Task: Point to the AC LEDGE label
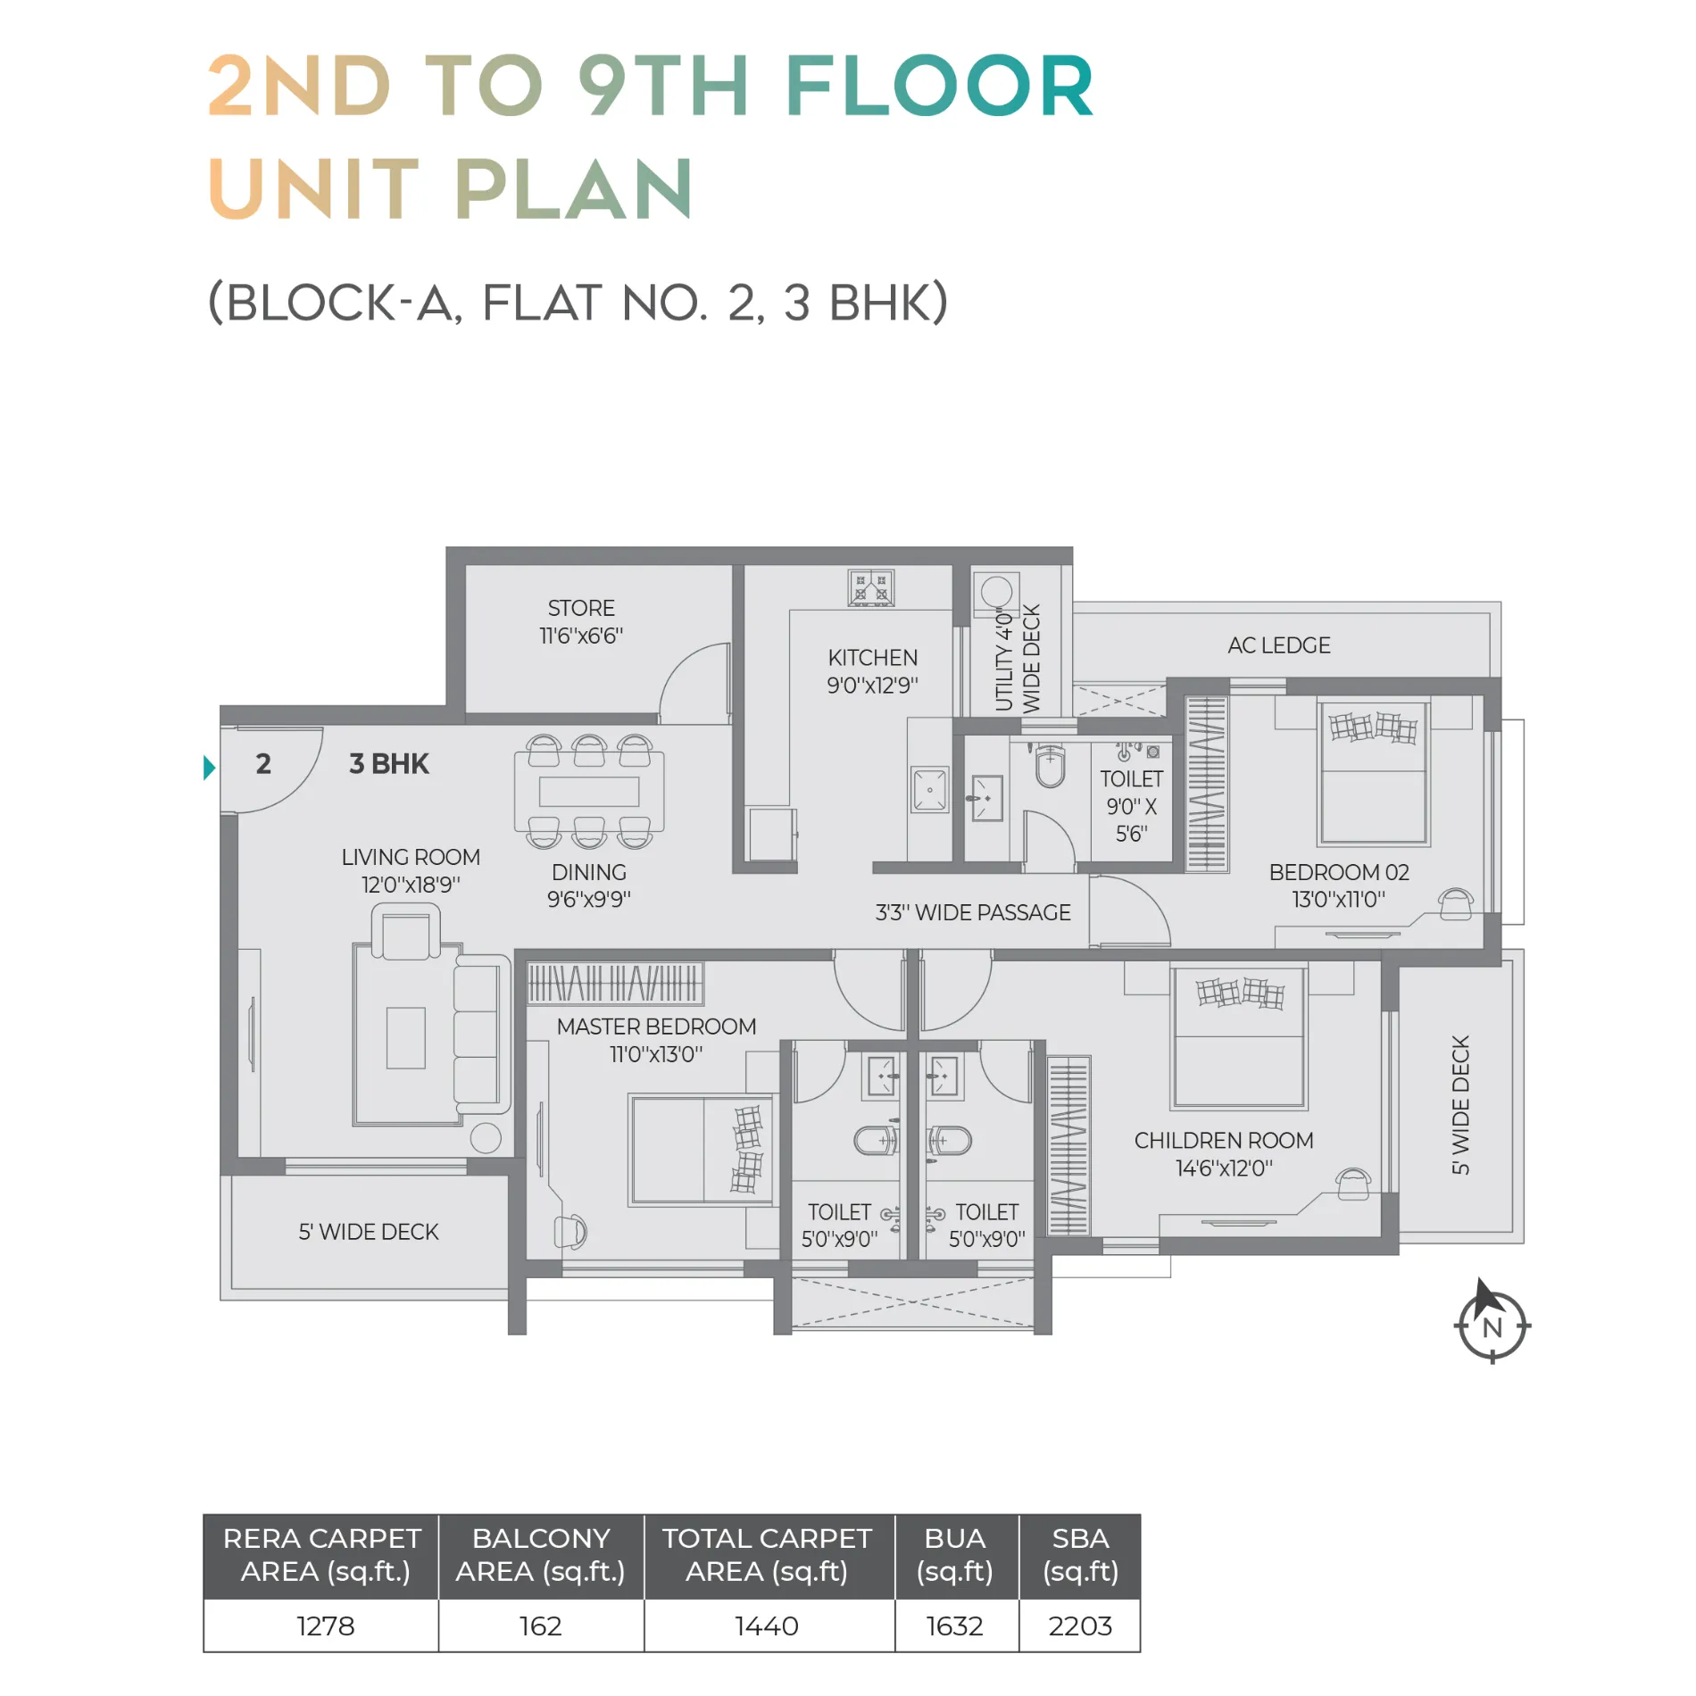click(x=1278, y=645)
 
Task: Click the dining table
click(x=589, y=792)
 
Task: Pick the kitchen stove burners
click(x=870, y=587)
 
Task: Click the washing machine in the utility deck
click(x=995, y=594)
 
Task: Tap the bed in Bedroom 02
click(x=1373, y=773)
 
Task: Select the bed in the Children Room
click(x=1240, y=1037)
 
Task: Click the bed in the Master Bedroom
click(x=702, y=1150)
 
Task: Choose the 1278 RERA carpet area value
click(x=326, y=1626)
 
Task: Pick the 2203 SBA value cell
click(x=1080, y=1626)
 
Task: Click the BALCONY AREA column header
click(x=541, y=1555)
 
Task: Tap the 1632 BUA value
click(x=954, y=1626)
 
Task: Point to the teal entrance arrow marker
click(x=209, y=768)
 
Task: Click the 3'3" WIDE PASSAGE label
click(x=973, y=912)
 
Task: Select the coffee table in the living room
click(x=405, y=1037)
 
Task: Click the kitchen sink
click(x=929, y=790)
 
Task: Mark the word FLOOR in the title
click(x=939, y=86)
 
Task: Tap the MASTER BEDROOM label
click(x=656, y=1027)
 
